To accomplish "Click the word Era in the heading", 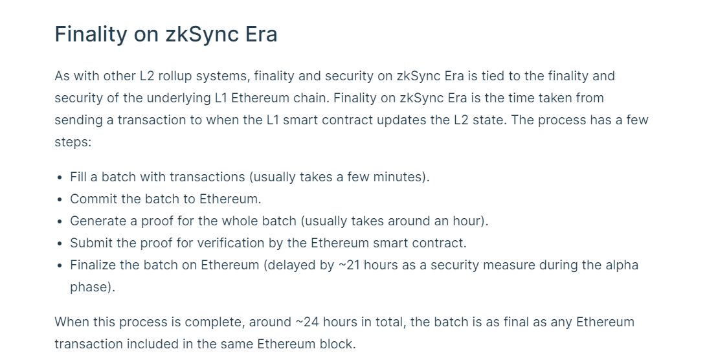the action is [x=261, y=34].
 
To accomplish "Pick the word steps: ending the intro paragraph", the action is [x=73, y=142].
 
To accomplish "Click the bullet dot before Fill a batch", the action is [x=60, y=177].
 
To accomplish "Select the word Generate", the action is [x=98, y=221].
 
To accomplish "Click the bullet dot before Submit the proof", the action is [x=60, y=243].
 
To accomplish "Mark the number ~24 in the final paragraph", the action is [x=307, y=322].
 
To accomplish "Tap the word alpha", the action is [x=622, y=265].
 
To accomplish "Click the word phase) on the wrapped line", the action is [x=93, y=287].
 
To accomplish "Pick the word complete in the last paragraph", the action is [x=215, y=322].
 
